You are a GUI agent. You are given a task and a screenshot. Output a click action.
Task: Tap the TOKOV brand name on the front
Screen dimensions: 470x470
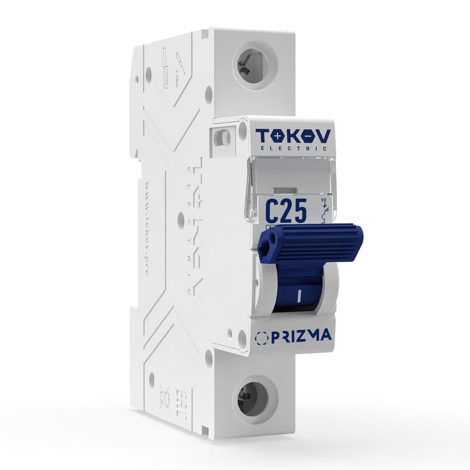293,136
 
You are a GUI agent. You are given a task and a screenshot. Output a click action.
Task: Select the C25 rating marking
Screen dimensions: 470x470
286,211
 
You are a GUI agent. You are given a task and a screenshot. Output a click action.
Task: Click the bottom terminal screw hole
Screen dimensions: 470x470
254,398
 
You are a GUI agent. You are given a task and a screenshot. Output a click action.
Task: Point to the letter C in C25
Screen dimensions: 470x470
273,211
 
